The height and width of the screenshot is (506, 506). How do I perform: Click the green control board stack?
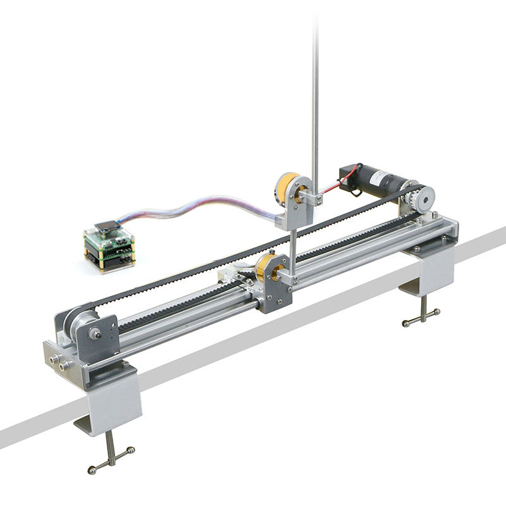coord(109,249)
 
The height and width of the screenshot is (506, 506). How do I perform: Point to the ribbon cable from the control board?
coord(190,207)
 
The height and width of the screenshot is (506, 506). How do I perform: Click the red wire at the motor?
coord(330,188)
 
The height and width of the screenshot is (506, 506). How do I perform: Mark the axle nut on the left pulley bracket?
coord(96,333)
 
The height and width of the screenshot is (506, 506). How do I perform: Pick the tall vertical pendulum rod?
coord(314,95)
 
